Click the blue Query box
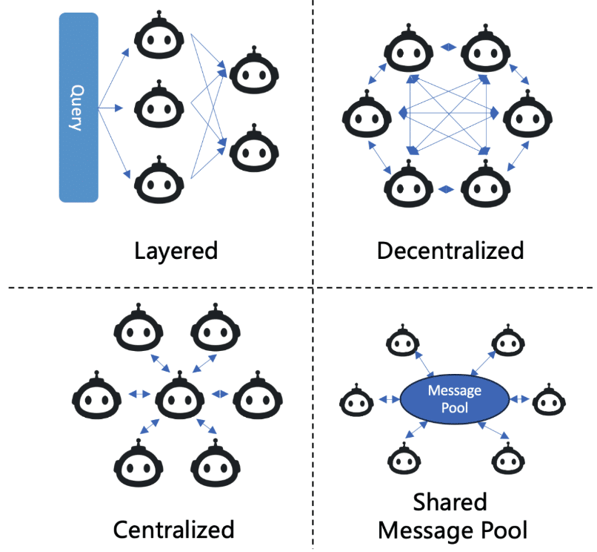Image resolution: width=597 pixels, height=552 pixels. (79, 107)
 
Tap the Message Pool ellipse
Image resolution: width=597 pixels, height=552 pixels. (455, 399)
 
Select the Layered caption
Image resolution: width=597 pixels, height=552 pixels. (176, 252)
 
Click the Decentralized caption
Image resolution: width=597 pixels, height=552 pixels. (450, 251)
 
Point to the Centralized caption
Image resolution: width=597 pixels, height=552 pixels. (173, 530)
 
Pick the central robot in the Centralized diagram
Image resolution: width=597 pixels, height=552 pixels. (180, 395)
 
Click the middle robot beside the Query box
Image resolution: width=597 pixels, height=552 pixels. (159, 104)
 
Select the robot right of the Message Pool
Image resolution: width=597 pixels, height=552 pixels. (549, 400)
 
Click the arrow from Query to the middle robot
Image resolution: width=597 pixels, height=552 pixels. (110, 108)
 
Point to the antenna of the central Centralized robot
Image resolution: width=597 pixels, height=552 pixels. (180, 374)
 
